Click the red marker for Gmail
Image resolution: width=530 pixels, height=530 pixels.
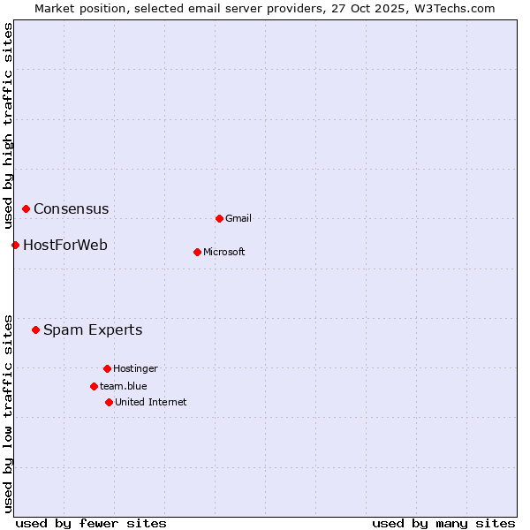tap(219, 218)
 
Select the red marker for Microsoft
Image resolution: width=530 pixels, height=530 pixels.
tap(197, 252)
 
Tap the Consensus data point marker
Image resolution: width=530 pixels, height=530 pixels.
tap(26, 208)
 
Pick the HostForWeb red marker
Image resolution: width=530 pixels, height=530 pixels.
tap(15, 245)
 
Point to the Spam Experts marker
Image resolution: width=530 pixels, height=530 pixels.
tap(35, 329)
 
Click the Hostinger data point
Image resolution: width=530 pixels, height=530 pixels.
tap(107, 368)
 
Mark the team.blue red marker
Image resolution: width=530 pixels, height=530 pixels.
tap(94, 386)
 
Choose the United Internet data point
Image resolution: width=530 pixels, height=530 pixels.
tap(109, 402)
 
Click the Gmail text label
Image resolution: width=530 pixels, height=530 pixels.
tap(238, 218)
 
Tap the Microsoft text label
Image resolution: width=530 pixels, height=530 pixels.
tap(224, 252)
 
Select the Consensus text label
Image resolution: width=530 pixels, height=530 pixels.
tap(72, 209)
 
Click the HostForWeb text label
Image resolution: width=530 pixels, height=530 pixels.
tap(65, 246)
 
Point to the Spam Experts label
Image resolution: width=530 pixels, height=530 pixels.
tap(93, 330)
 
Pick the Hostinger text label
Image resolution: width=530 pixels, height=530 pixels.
tap(135, 368)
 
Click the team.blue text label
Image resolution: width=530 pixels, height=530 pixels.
tap(124, 386)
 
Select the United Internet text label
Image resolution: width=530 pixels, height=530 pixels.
tap(151, 402)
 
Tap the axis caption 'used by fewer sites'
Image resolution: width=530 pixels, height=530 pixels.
tap(91, 523)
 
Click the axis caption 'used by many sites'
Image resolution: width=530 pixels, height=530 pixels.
tap(443, 523)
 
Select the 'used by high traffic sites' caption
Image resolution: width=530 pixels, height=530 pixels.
tap(8, 125)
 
